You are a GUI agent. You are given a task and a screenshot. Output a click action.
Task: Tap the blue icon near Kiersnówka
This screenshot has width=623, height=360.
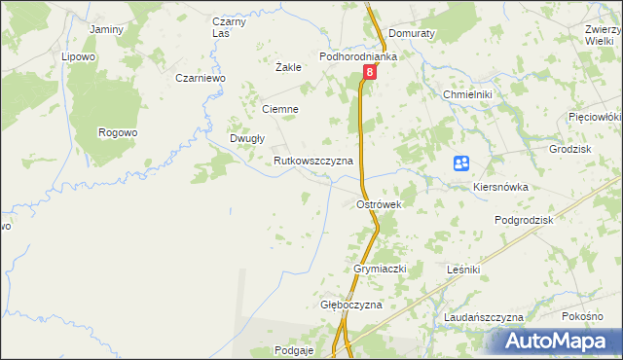click(462, 164)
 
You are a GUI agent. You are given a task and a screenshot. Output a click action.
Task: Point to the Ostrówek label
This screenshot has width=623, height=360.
click(380, 204)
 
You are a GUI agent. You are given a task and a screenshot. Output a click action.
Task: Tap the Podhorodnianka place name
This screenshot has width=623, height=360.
click(360, 57)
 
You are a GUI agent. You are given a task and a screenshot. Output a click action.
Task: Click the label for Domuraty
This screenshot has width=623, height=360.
click(411, 32)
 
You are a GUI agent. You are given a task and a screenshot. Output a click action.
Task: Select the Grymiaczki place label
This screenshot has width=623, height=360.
click(379, 268)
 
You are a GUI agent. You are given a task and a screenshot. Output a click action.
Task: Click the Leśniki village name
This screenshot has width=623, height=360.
click(461, 268)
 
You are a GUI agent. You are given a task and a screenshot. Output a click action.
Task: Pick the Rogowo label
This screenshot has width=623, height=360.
click(119, 132)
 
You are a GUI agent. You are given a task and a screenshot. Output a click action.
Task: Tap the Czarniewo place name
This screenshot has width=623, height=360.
click(201, 78)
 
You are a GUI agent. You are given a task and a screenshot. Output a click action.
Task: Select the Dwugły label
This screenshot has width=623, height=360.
click(247, 138)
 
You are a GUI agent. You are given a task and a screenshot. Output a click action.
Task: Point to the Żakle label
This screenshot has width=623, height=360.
click(288, 68)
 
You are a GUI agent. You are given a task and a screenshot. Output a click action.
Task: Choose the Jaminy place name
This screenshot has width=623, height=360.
click(106, 29)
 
